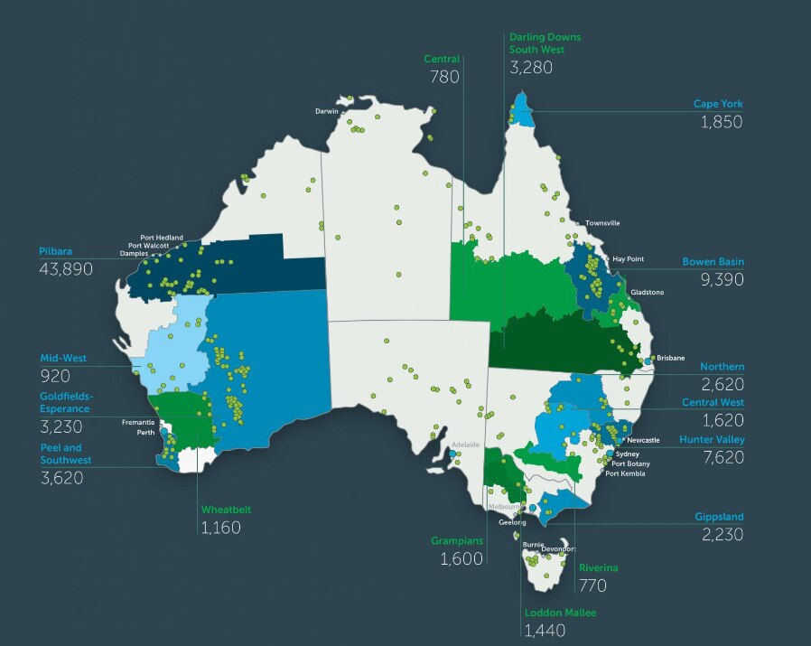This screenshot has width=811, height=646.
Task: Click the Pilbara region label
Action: [56, 250]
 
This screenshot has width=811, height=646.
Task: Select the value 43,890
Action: [66, 268]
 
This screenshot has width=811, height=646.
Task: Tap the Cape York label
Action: [718, 104]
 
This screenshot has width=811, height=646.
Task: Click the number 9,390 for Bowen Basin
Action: [722, 280]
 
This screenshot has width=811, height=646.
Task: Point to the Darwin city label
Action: [326, 111]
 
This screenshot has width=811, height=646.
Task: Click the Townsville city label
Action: [602, 222]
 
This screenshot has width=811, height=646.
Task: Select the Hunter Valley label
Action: [712, 439]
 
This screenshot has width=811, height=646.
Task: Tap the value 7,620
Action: [722, 457]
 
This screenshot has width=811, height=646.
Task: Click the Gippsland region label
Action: [719, 517]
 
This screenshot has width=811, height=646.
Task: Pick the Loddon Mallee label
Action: [560, 612]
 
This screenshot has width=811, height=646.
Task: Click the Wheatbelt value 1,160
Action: [220, 527]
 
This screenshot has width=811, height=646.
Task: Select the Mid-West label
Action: [62, 358]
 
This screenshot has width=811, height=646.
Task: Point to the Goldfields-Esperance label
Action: [67, 402]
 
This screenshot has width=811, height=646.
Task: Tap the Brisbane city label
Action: [671, 359]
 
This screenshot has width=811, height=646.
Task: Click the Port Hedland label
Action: [161, 237]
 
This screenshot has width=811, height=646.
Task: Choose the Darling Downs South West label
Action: [545, 43]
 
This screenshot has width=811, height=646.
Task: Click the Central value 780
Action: [445, 78]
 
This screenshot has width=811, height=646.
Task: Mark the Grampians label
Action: [456, 540]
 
